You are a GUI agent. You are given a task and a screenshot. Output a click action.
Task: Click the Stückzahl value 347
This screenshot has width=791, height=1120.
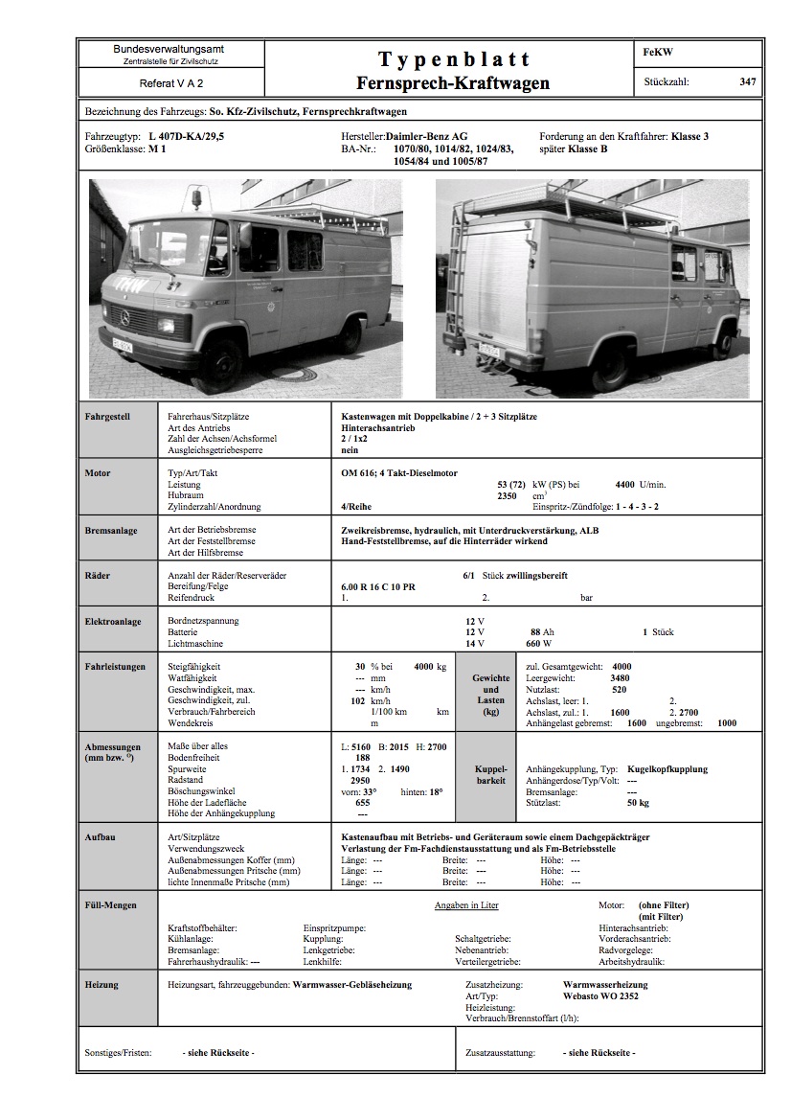click(x=747, y=82)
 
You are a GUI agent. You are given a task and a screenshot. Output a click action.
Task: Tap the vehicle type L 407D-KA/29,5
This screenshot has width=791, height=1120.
click(x=187, y=137)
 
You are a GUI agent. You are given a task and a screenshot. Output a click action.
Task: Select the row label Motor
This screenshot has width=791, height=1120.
click(x=98, y=473)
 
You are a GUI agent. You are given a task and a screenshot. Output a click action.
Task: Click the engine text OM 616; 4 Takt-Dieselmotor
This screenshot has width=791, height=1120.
click(x=399, y=473)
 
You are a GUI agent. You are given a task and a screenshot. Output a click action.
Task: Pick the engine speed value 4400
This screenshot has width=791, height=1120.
click(x=624, y=485)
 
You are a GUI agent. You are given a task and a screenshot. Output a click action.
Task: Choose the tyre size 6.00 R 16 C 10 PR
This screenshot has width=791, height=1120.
click(x=378, y=586)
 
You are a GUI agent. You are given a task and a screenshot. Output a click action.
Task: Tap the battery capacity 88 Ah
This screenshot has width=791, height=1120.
click(x=542, y=632)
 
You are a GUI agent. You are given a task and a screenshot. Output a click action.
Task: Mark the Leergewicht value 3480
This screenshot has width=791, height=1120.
click(x=620, y=678)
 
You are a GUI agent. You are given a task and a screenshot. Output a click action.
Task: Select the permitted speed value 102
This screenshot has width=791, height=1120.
click(x=360, y=701)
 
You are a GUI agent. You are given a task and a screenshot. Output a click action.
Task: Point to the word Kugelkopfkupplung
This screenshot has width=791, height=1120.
click(x=667, y=768)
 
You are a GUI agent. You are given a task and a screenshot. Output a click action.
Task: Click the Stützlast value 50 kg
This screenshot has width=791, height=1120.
click(x=639, y=803)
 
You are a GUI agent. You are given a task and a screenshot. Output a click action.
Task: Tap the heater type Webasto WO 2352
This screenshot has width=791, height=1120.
click(x=601, y=996)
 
